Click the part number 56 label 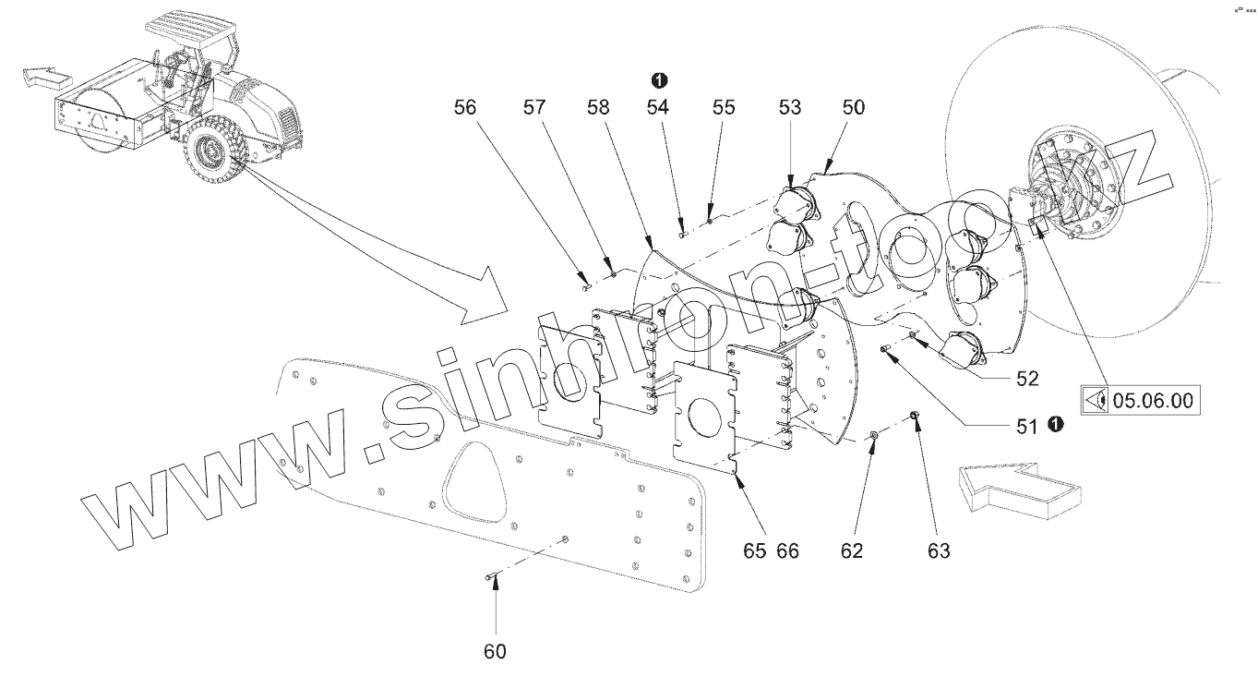(466, 107)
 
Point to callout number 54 (657, 107)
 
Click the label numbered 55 (724, 107)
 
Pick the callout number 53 (790, 107)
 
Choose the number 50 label (853, 107)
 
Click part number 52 (1026, 378)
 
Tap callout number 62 (851, 551)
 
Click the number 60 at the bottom (495, 651)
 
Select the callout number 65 (755, 551)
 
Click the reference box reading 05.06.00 (1141, 401)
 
